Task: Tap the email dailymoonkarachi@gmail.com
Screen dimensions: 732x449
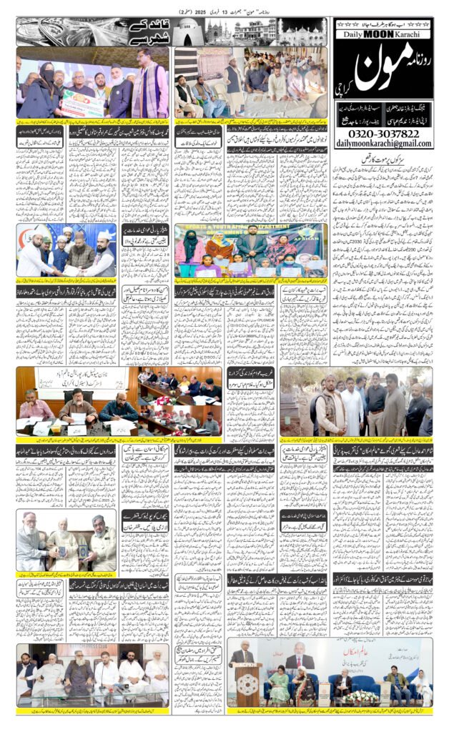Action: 383,144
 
